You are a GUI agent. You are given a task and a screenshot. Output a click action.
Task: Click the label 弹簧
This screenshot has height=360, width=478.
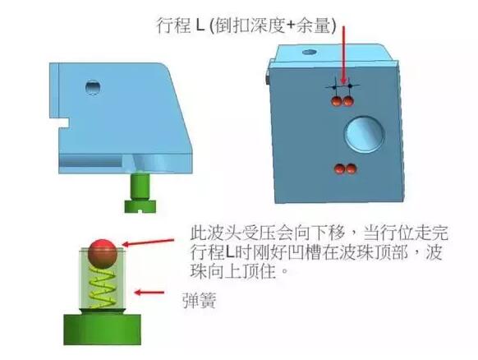[200, 300]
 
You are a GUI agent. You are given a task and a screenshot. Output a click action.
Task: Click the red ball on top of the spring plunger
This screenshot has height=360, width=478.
[103, 253]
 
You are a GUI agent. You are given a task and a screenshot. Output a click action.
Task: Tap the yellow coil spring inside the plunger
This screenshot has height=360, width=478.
[102, 288]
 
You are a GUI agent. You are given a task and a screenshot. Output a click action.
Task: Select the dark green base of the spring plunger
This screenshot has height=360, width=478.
[102, 330]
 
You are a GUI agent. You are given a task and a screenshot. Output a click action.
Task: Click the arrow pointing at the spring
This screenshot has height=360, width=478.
[149, 293]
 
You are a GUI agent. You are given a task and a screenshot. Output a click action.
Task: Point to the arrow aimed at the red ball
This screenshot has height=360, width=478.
[148, 242]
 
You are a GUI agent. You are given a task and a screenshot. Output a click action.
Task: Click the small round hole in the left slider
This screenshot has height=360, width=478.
[93, 88]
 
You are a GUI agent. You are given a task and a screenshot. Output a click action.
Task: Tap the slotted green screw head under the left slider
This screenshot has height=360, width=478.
[140, 206]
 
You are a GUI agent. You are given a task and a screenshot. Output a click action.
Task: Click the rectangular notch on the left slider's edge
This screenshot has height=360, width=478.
[63, 123]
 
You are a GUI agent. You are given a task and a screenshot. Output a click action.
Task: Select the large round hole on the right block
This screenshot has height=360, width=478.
[365, 135]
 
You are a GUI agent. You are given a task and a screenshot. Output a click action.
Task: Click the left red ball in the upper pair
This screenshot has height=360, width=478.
[337, 101]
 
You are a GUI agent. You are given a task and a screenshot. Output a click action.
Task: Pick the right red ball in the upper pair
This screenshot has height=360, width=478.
[348, 101]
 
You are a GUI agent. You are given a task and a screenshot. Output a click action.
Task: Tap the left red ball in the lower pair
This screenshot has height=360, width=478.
[339, 169]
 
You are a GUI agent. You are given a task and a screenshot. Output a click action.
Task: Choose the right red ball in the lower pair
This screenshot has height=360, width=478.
[351, 169]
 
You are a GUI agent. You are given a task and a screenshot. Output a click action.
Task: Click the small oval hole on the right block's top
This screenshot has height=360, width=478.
[310, 52]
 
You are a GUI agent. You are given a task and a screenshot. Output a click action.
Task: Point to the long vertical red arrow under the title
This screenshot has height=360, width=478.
[344, 55]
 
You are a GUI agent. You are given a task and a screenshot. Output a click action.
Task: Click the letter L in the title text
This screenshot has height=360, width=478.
[200, 25]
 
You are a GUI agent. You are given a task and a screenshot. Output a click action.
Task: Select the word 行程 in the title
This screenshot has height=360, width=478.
[173, 25]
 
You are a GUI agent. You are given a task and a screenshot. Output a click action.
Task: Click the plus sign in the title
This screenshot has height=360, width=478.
[291, 25]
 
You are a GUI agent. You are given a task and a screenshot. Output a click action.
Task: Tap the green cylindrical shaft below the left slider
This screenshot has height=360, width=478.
[140, 186]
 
